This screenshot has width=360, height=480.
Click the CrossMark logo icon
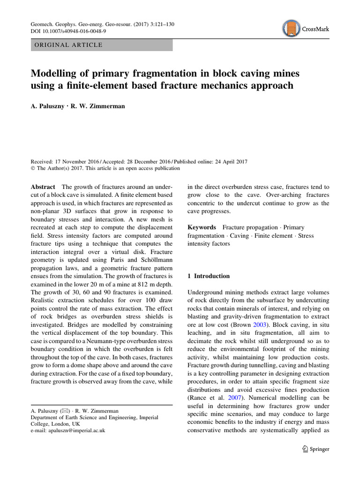(292, 28)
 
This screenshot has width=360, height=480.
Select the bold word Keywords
(202, 227)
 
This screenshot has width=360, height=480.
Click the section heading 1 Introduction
(209, 277)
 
